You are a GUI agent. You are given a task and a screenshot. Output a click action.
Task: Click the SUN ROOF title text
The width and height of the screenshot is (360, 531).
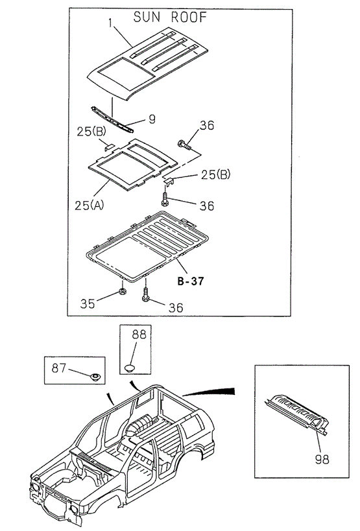coord(170,18)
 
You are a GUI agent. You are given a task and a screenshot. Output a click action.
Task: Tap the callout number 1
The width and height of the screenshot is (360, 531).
coord(112,24)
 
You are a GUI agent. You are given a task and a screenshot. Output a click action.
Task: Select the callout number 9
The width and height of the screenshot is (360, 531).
coord(151,119)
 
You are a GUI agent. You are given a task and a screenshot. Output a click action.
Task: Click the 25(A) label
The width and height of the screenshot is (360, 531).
coord(90,206)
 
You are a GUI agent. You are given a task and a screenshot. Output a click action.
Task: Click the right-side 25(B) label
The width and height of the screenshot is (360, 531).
coord(215,174)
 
